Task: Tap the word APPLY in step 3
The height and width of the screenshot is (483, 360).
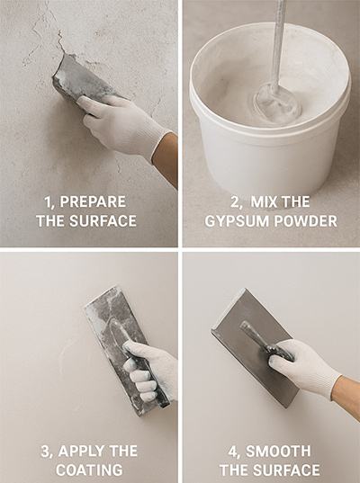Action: tap(82, 450)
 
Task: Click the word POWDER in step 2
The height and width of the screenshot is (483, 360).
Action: tap(303, 220)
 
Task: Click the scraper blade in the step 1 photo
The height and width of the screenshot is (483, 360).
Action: tap(74, 79)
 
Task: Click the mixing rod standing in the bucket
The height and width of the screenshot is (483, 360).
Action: tap(278, 45)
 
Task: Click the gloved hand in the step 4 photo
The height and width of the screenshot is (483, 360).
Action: tap(301, 364)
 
